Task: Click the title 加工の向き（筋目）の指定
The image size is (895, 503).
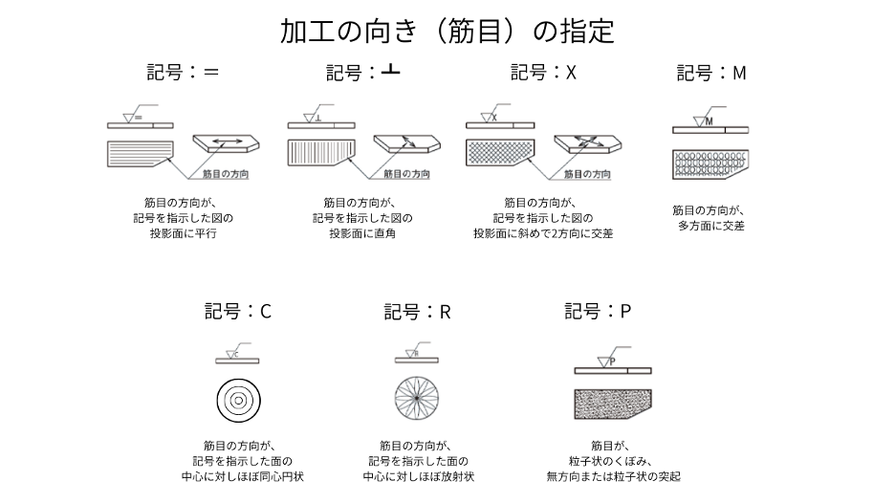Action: tap(447, 31)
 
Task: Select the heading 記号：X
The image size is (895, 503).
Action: tap(543, 73)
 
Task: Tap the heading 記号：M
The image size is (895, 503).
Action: tap(710, 73)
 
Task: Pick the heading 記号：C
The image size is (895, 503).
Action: tap(238, 311)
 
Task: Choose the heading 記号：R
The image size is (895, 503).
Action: tap(417, 311)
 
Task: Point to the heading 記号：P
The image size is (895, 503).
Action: tap(598, 311)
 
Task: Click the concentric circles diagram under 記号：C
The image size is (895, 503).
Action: tap(237, 399)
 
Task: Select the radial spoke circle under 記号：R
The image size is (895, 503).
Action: tap(417, 399)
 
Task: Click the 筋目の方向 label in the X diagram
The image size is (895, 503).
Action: tap(586, 175)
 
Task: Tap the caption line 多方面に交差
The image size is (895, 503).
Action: tap(710, 226)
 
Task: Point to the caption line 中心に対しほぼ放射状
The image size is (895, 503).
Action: tap(417, 475)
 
